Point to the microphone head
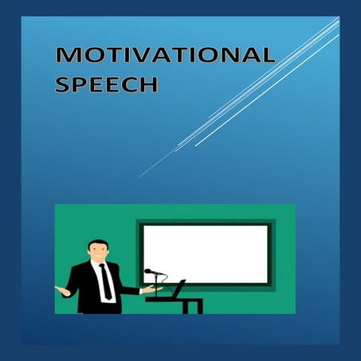149,272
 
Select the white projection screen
206,255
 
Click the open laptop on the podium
179,288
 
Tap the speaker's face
98,252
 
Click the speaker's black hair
96,242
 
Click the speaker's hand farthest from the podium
58,288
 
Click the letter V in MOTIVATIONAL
147,57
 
